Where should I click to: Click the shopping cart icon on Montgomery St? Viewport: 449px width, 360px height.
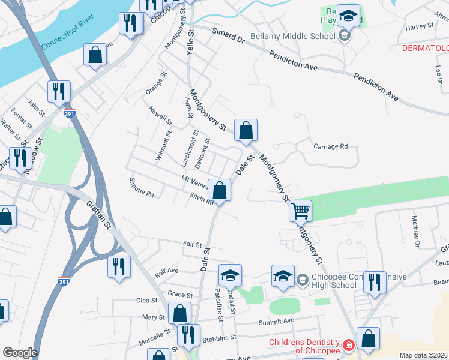tap(300, 211)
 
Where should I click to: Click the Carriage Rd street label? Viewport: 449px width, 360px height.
tap(331, 146)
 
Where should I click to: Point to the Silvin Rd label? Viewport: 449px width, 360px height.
tap(202, 199)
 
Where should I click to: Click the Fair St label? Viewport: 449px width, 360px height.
tap(191, 244)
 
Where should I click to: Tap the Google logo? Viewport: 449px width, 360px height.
tap(20, 353)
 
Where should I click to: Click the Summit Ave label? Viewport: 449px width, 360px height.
tap(281, 320)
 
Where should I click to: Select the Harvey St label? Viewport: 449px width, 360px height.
tap(419, 26)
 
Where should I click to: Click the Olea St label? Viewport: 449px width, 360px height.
tap(146, 300)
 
